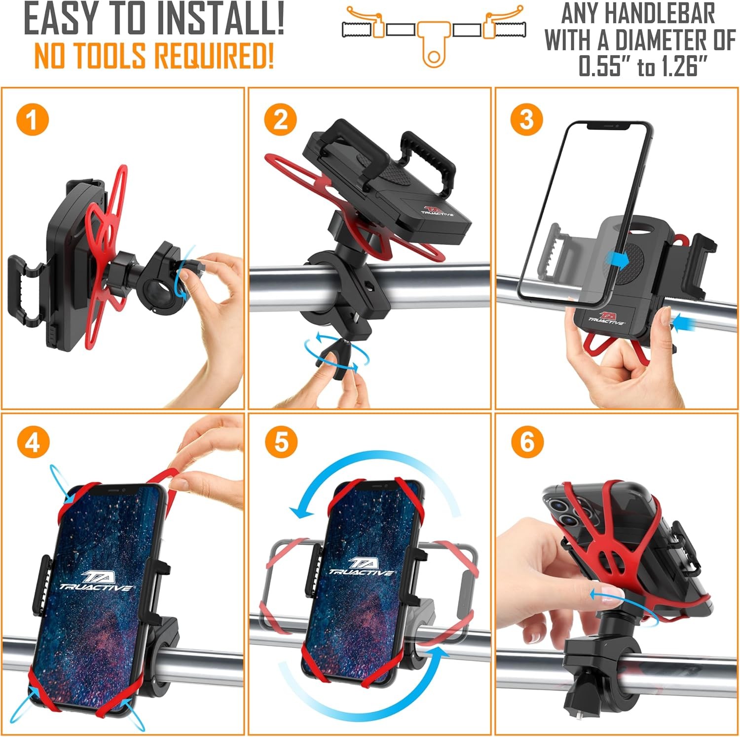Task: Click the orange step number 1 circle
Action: coord(33,120)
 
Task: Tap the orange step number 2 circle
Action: coord(280,120)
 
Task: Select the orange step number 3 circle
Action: coord(527,120)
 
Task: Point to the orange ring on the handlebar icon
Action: coord(433,57)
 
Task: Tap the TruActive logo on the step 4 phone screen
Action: coord(96,581)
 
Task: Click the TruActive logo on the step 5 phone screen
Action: coord(362,567)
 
